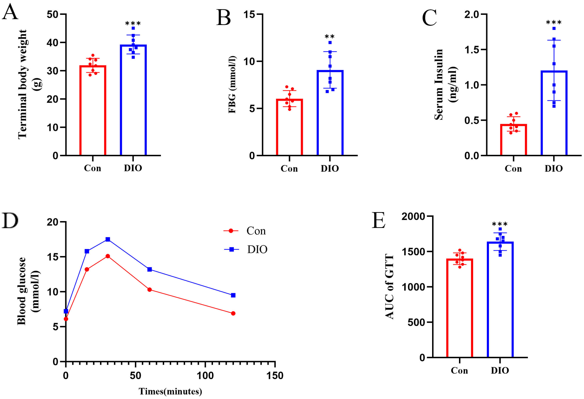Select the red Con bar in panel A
[93, 111]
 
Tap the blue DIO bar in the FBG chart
[330, 113]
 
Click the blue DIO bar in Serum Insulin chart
[554, 113]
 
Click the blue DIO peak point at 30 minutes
[108, 239]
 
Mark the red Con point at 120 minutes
[233, 313]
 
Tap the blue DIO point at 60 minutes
[150, 269]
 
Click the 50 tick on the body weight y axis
[53, 14]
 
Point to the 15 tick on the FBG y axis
[249, 14]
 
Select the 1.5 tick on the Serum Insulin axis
[472, 50]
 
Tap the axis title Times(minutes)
[170, 391]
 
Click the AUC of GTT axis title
[389, 287]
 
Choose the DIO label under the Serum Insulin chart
[554, 168]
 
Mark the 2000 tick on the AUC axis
[413, 216]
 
